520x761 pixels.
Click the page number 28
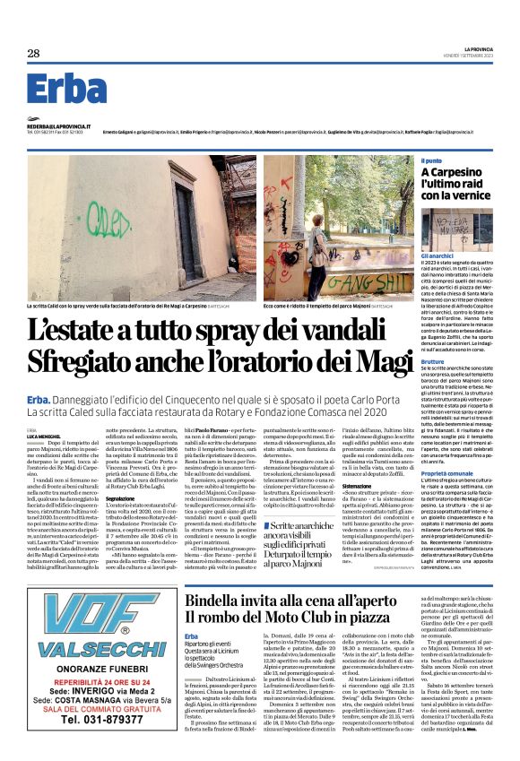[33, 54]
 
